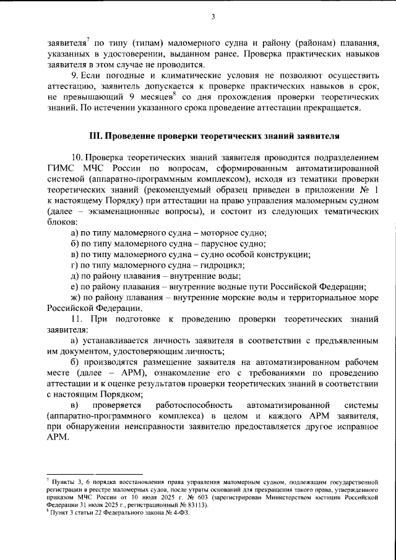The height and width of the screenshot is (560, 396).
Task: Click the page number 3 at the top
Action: tap(212, 17)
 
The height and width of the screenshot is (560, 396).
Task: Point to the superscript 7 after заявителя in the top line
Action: tap(88, 40)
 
